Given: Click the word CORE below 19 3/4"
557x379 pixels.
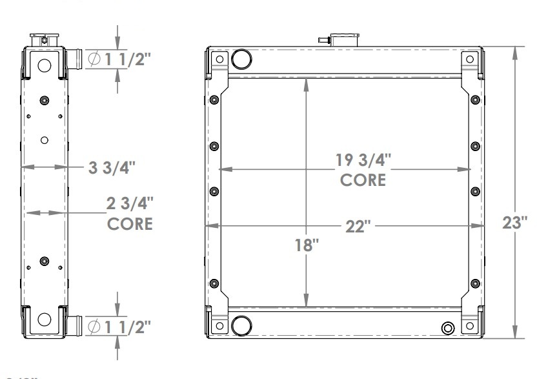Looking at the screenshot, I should tap(363, 179).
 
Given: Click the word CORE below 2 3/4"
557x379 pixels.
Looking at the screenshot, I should tap(129, 224).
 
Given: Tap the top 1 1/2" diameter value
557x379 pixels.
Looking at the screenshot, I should tap(127, 59).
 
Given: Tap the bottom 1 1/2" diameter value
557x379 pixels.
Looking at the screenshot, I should tap(127, 327).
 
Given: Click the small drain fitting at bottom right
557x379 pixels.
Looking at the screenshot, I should tap(447, 328).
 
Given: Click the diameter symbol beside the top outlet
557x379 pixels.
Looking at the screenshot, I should tap(93, 59).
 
